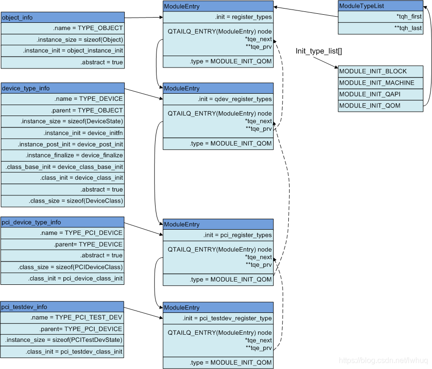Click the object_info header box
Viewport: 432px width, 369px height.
[62, 18]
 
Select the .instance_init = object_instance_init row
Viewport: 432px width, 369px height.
[62, 51]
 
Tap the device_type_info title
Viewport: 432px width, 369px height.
[62, 88]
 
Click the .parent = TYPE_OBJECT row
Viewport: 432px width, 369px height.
[62, 110]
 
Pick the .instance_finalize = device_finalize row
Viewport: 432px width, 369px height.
[62, 155]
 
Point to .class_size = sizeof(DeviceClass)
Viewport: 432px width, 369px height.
[62, 201]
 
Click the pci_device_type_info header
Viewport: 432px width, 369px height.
[62, 222]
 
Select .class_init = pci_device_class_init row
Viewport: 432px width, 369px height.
[62, 279]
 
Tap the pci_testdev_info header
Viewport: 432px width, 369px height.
[62, 307]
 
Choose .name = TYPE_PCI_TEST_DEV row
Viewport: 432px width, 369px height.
[62, 318]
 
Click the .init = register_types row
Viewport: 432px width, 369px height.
[218, 17]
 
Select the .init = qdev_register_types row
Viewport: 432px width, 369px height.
[218, 99]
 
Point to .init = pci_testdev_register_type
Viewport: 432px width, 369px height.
[218, 319]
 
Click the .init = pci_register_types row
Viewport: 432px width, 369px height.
[218, 235]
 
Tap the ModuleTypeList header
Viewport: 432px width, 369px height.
[380, 6]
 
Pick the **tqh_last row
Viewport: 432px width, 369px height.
[380, 28]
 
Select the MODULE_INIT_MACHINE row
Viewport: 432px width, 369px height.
[380, 83]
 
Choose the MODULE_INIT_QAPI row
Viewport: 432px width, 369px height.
[380, 94]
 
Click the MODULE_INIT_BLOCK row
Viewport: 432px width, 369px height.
[380, 71]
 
